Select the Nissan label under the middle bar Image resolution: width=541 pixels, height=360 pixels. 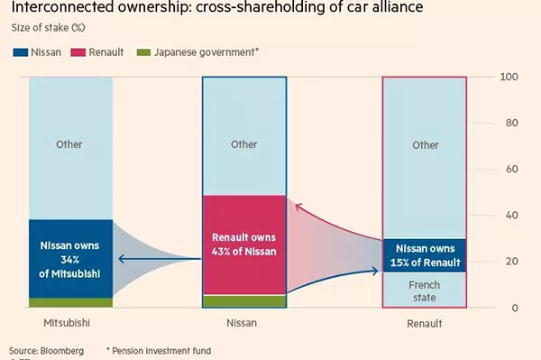[x=243, y=320]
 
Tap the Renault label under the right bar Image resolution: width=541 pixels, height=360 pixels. [x=424, y=320]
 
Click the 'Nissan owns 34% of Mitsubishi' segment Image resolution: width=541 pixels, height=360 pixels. [x=70, y=258]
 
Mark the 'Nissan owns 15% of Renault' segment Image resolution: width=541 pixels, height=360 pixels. [x=425, y=254]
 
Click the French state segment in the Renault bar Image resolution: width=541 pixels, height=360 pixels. [x=425, y=289]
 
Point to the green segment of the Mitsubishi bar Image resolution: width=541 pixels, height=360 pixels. [x=70, y=302]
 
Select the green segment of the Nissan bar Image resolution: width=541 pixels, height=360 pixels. [x=243, y=300]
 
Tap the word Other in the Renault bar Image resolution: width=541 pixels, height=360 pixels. [x=425, y=144]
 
